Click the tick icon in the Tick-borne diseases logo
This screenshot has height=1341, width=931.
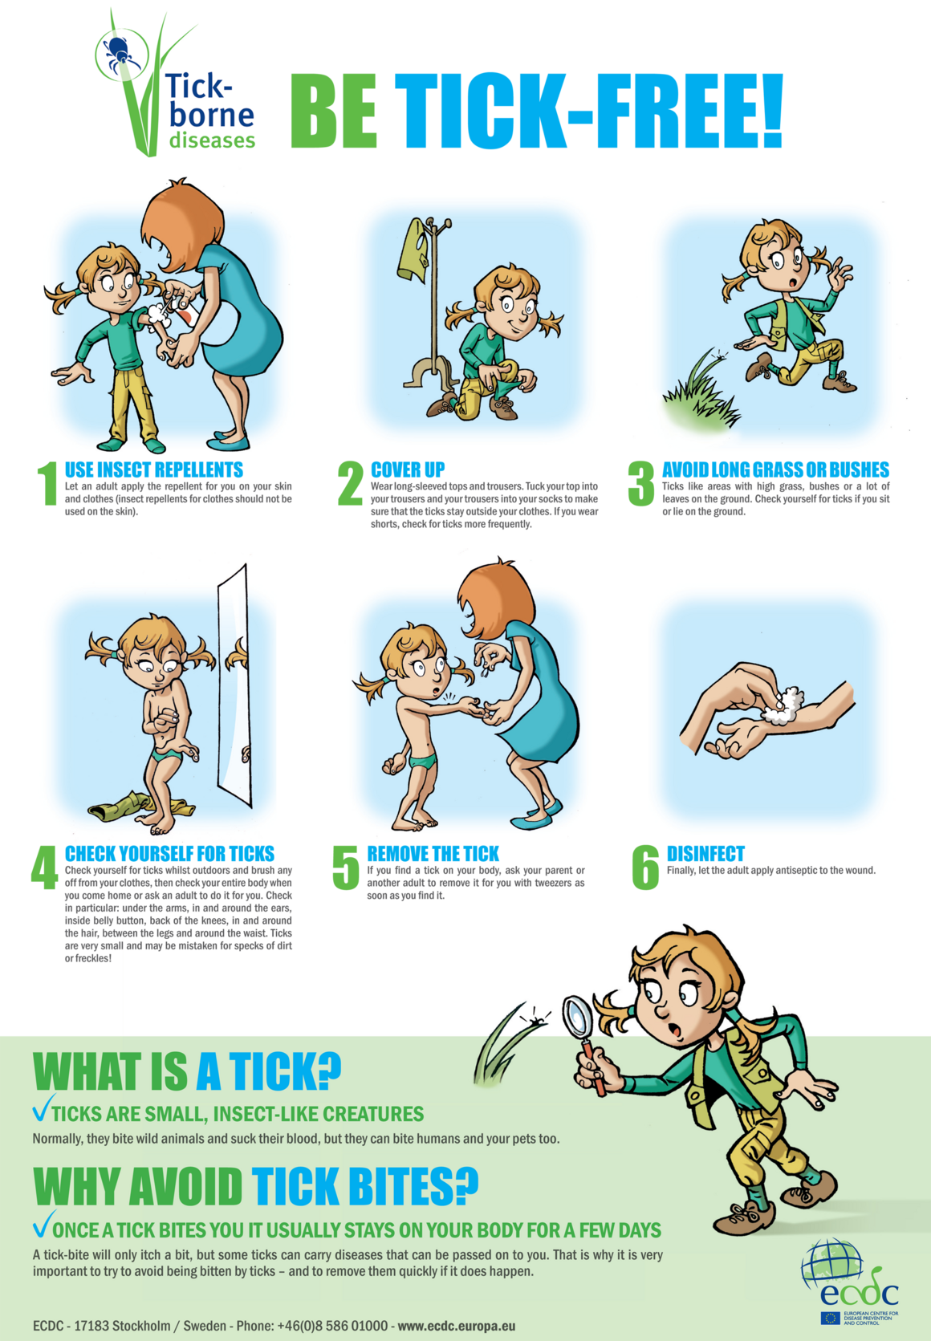[120, 53]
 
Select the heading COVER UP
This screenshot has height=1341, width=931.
[407, 469]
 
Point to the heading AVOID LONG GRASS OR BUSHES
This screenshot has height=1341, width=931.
[775, 469]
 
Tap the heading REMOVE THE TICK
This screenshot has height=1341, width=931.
[433, 853]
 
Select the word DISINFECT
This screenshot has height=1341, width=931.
[705, 853]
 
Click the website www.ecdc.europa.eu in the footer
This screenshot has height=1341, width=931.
[456, 1326]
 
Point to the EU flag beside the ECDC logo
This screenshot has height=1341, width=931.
[831, 1318]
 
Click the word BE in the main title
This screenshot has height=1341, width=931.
[334, 112]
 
